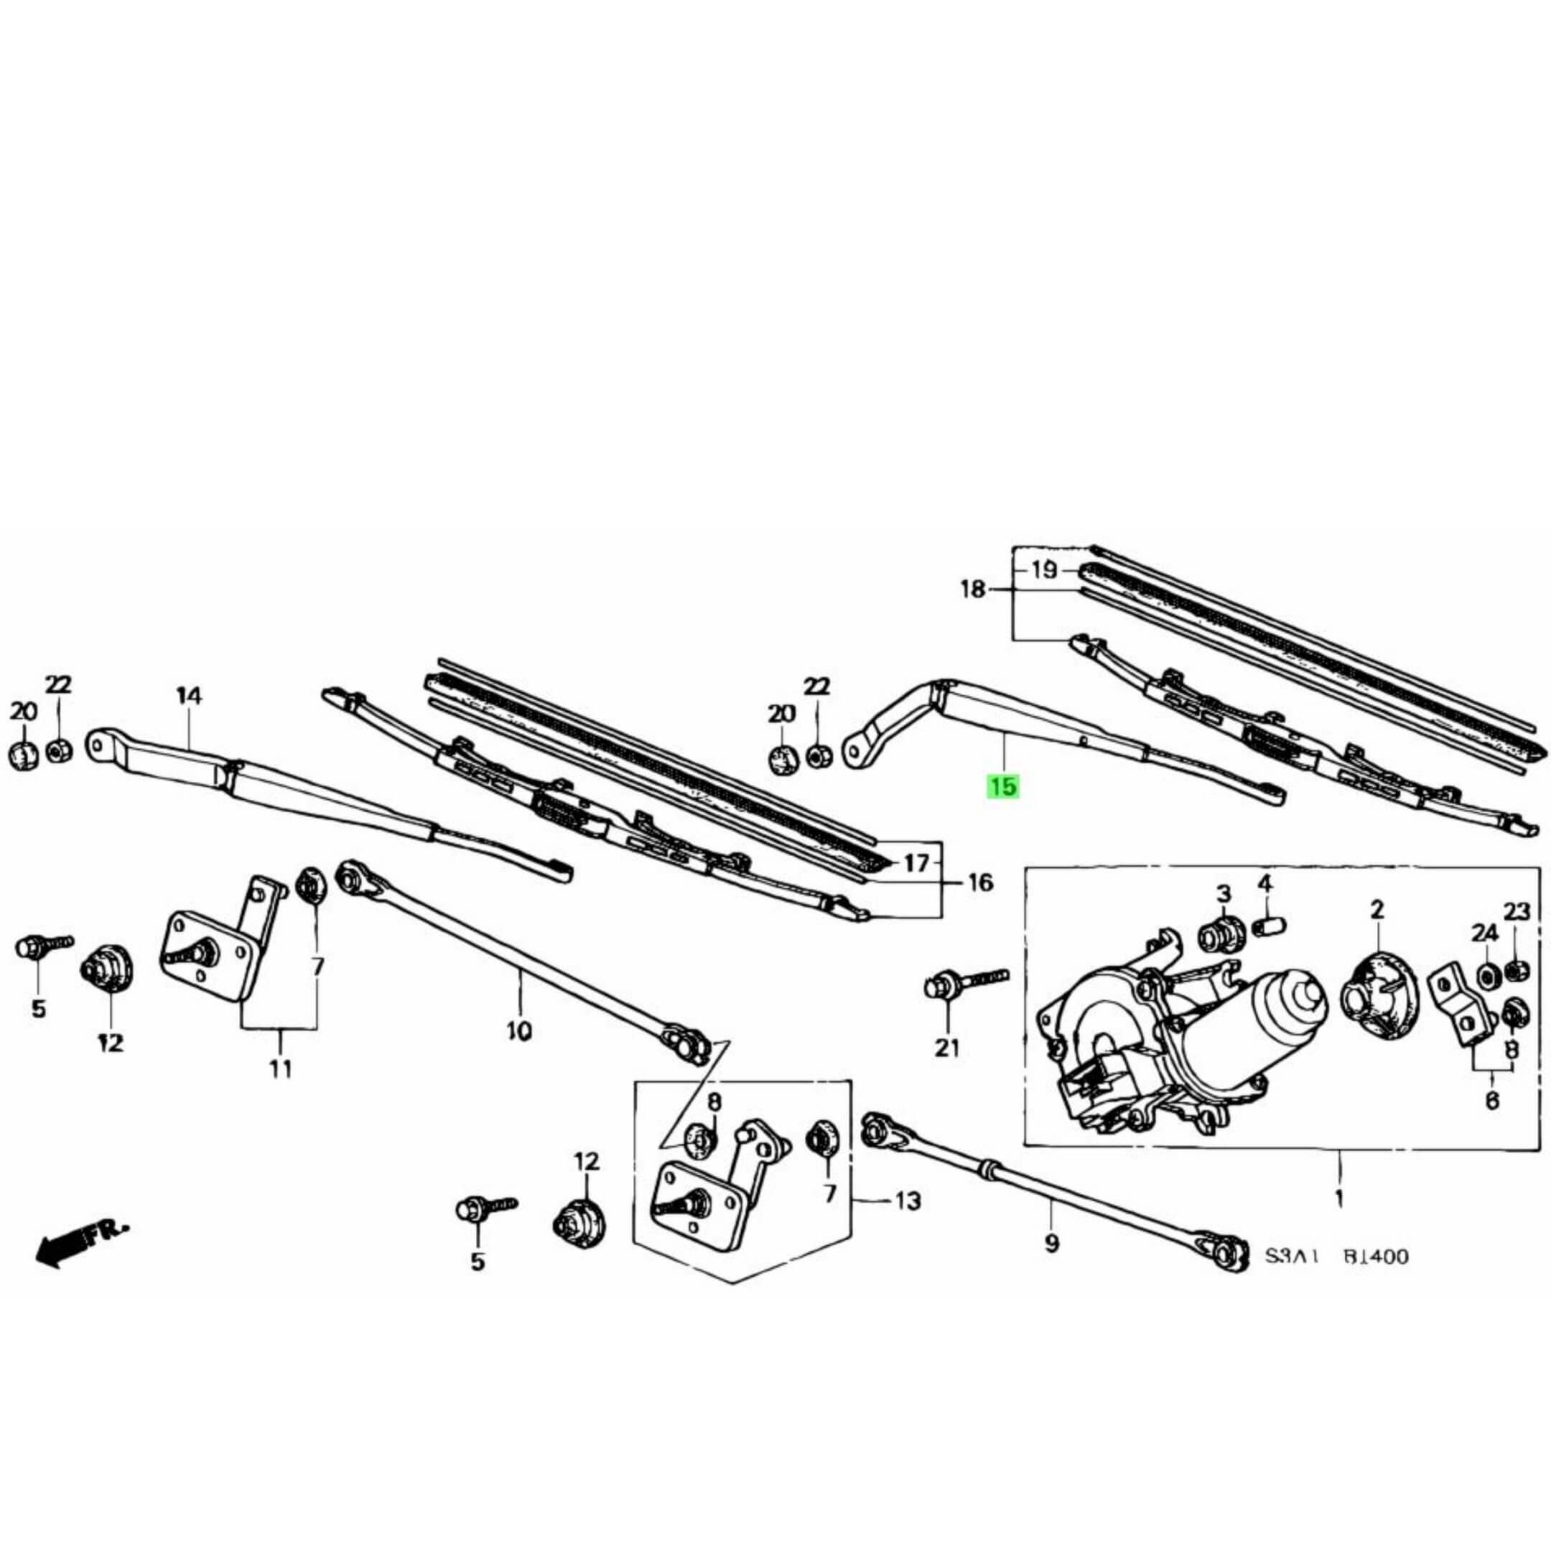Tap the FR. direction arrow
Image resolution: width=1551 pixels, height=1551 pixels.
click(x=81, y=1266)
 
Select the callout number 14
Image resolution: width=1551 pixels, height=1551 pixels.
click(x=189, y=696)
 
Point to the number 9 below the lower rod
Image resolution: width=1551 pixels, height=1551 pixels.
click(x=1052, y=1266)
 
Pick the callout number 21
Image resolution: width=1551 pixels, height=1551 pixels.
click(x=947, y=1048)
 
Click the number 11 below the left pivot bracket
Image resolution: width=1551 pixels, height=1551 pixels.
click(x=280, y=1068)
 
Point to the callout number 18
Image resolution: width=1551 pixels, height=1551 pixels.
click(x=972, y=590)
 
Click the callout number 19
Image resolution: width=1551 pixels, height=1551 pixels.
click(x=1043, y=570)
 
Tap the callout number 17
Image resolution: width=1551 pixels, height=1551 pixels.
click(x=916, y=863)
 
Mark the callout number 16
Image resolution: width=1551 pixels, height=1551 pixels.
click(x=980, y=883)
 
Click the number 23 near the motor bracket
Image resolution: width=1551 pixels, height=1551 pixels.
click(x=1517, y=911)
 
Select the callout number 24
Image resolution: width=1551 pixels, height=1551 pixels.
click(x=1484, y=933)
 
